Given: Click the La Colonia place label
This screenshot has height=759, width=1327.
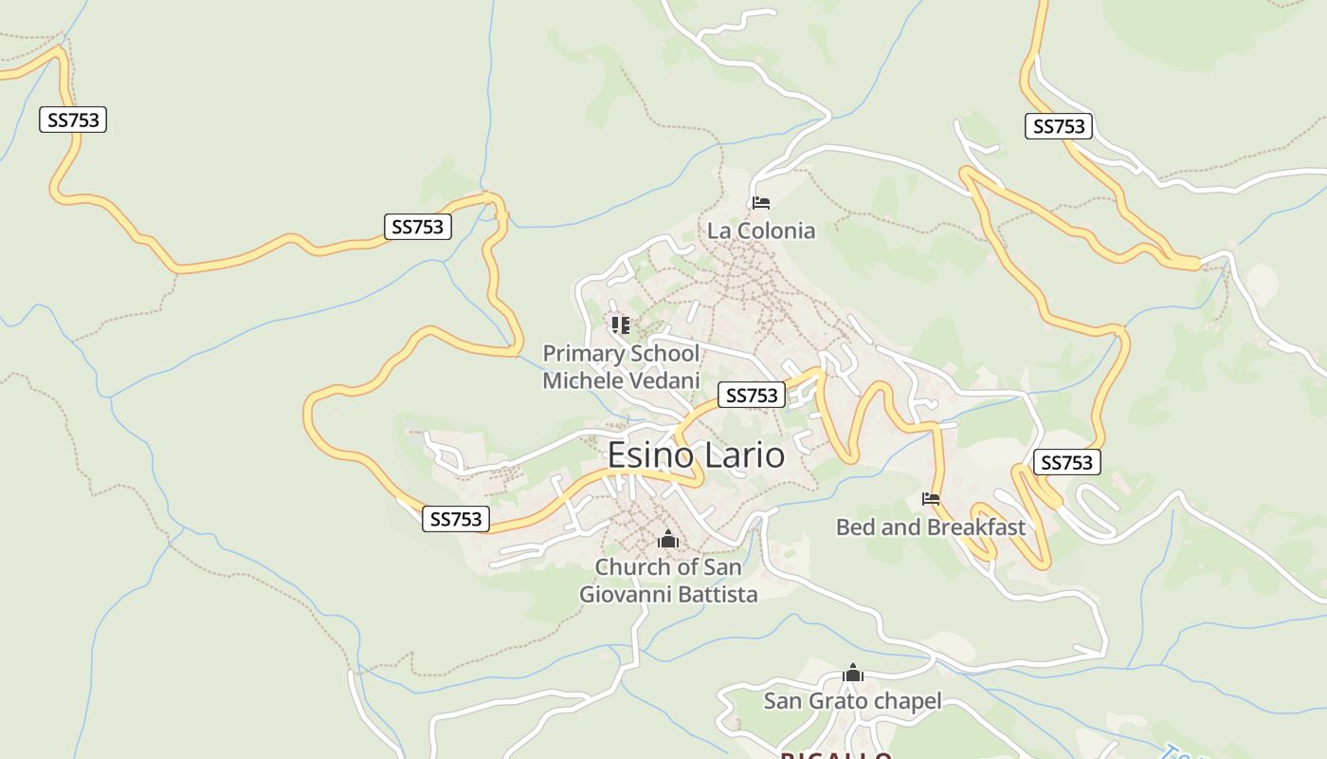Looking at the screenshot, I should tap(760, 231).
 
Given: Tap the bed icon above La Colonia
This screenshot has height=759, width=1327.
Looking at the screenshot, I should tap(760, 202).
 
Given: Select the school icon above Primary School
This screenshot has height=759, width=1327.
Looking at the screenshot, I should tap(621, 325).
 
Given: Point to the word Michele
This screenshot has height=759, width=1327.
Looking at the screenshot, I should tap(580, 380).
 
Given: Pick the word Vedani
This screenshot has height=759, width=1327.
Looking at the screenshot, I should tap(662, 380).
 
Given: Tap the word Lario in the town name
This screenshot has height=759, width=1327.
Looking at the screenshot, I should tap(743, 455).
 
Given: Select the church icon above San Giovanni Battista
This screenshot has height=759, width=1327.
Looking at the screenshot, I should tap(668, 540).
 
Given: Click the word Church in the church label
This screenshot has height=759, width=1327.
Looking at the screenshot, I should tap(630, 567).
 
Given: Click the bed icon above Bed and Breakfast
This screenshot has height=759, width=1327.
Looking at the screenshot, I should tap(931, 499).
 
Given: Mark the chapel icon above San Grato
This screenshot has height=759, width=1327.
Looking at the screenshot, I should tap(853, 674).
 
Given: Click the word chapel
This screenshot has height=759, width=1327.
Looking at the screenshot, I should tap(907, 701).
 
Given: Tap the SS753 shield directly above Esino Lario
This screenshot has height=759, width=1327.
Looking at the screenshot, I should tap(753, 396).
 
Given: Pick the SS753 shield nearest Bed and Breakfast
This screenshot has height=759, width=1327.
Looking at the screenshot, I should tap(1066, 462).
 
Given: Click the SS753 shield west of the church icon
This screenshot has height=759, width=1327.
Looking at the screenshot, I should tap(456, 519).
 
